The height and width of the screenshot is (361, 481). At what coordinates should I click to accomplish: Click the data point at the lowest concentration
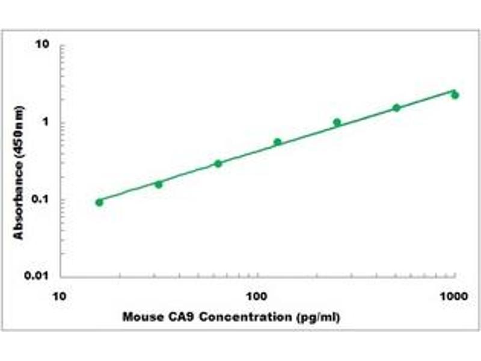(99, 202)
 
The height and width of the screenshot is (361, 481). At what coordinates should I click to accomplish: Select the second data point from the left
(159, 185)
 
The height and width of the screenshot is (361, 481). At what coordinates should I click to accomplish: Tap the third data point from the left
(218, 164)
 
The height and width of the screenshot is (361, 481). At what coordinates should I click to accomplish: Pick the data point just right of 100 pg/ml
(278, 142)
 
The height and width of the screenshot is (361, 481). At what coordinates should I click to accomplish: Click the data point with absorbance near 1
(337, 122)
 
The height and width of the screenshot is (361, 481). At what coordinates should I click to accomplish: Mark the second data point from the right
(397, 108)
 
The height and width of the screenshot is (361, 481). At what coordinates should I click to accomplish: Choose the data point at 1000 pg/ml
(455, 95)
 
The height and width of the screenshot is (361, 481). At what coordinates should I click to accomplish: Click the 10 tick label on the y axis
(42, 45)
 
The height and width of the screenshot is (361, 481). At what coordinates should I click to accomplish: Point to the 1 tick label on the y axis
(46, 122)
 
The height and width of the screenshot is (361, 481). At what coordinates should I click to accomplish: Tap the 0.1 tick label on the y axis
(40, 199)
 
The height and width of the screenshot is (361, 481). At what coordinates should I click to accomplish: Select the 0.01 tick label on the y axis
(37, 276)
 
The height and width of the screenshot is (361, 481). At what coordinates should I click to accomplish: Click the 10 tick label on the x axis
(59, 296)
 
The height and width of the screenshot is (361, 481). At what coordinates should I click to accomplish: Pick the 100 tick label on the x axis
(257, 296)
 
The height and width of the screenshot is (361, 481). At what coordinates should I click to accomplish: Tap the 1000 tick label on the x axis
(454, 296)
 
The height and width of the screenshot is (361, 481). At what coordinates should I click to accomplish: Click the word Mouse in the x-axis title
(143, 317)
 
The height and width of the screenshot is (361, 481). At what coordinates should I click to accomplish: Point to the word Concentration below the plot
(245, 317)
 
